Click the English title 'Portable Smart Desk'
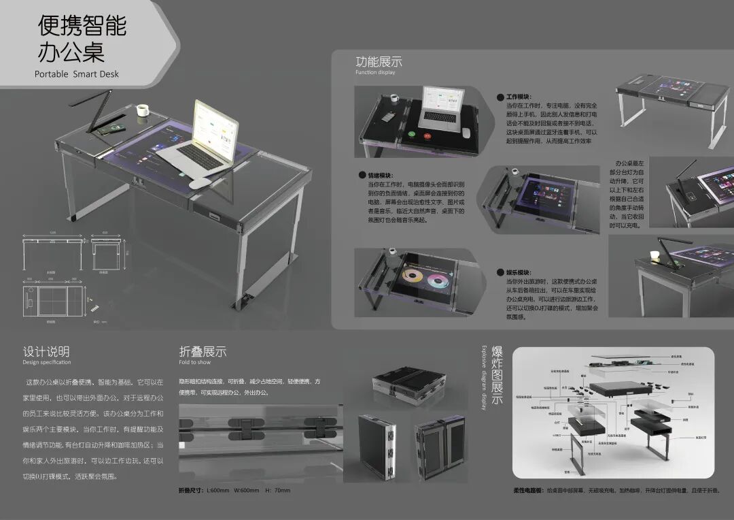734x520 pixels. click(77, 74)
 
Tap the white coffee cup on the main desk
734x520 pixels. click(143, 110)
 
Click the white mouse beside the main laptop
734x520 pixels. click(200, 183)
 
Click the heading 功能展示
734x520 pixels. click(379, 61)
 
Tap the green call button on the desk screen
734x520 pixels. click(410, 135)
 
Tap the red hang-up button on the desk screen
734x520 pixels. click(428, 135)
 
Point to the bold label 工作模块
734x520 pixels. click(519, 97)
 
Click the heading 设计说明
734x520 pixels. click(46, 352)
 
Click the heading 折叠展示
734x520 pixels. click(203, 352)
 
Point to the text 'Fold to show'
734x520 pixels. click(194, 362)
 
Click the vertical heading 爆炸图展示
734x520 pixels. click(497, 375)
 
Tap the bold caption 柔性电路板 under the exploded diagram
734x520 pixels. click(527, 490)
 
